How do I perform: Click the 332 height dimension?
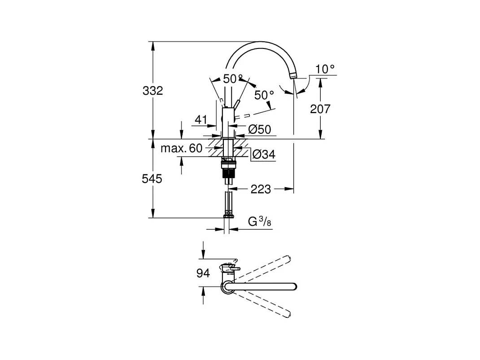pyautogui.click(x=153, y=91)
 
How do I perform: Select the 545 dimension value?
pyautogui.click(x=152, y=179)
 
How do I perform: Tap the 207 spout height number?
pyautogui.click(x=320, y=109)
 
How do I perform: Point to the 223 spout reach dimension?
pyautogui.click(x=261, y=189)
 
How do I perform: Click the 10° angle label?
pyautogui.click(x=325, y=69)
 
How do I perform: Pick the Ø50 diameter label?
pyautogui.click(x=260, y=130)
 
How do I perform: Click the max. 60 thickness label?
pyautogui.click(x=182, y=148)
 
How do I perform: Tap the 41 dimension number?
pyautogui.click(x=201, y=119)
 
